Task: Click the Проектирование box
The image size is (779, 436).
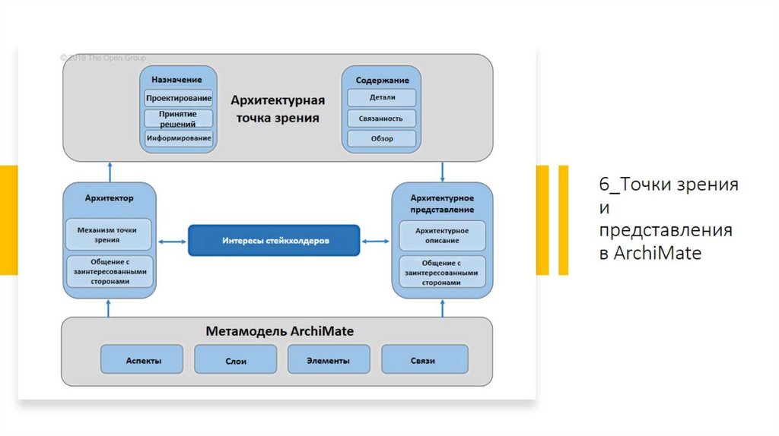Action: coord(179,98)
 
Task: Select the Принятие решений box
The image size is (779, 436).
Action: coord(179,118)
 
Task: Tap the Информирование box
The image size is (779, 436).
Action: coord(179,138)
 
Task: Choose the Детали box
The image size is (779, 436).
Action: coord(382,98)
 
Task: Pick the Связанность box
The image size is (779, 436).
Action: coord(382,118)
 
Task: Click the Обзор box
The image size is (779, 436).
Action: coord(382,138)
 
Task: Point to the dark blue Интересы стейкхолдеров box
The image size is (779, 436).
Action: coord(274,241)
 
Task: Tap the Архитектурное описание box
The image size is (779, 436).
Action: coord(442,235)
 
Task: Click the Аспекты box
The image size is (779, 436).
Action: coord(143,360)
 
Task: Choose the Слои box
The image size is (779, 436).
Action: coord(236,360)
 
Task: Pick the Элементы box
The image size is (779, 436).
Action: coord(329,360)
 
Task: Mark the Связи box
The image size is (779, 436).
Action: coord(424,360)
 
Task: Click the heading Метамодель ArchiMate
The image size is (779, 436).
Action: coord(279,332)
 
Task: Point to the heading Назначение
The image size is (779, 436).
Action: coord(176,80)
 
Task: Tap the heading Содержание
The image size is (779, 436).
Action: coord(382,80)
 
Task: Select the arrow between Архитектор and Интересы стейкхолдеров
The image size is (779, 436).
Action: coord(173,242)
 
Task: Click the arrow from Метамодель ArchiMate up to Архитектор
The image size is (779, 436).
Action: coord(110,307)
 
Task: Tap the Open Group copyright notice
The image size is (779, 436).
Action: coord(103,58)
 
